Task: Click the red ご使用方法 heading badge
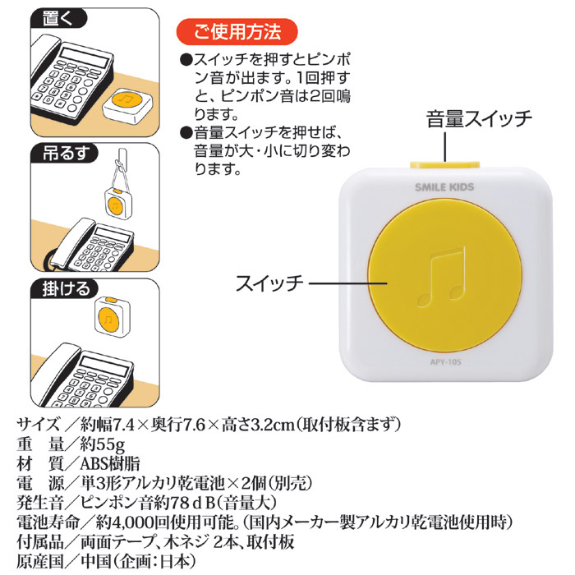tap(237, 32)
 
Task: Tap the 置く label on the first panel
tap(58, 18)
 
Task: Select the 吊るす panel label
tap(65, 153)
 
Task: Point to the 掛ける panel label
tap(65, 288)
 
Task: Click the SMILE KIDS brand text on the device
tap(444, 187)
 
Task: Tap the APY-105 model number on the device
tap(445, 362)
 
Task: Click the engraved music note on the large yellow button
tap(442, 277)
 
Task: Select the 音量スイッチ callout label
tap(479, 119)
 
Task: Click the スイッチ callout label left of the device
tap(269, 283)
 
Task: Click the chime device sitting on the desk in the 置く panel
tap(126, 106)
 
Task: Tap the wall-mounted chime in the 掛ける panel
tap(113, 316)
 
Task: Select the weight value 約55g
tap(103, 445)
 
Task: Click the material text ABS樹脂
tap(110, 464)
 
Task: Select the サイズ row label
tap(38, 425)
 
